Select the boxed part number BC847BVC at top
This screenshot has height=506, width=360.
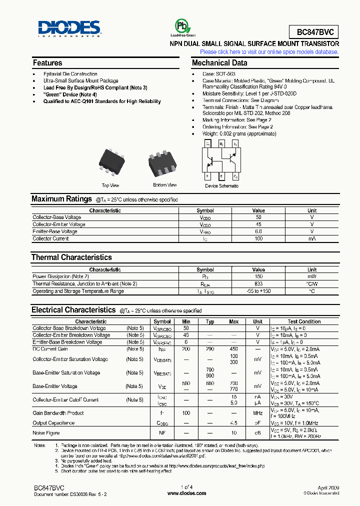[x=314, y=32]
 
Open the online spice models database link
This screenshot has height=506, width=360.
[x=269, y=52]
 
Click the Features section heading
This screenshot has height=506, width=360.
[x=47, y=63]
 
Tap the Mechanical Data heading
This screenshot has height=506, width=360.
[x=219, y=63]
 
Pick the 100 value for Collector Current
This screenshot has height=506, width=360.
[x=258, y=238]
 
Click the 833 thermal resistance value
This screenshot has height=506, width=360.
[x=258, y=283]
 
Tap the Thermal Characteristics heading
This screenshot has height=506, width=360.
[x=71, y=257]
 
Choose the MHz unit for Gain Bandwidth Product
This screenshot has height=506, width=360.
[x=257, y=413]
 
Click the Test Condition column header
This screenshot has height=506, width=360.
[x=304, y=321]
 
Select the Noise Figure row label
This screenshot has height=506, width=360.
[x=46, y=433]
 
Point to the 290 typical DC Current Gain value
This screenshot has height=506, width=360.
[x=210, y=348]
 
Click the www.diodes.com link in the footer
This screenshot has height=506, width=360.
[x=186, y=494]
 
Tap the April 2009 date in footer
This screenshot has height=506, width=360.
[x=328, y=487]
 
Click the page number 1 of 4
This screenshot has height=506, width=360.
[x=186, y=487]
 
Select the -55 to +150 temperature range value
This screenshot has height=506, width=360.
[x=258, y=291]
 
